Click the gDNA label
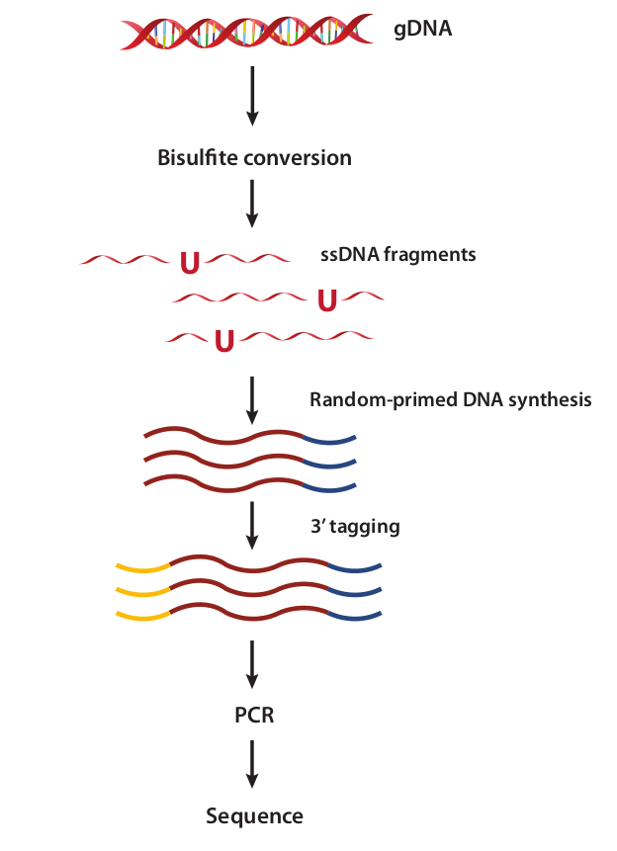click(422, 29)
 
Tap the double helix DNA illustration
click(246, 32)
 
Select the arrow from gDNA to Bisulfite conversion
click(252, 96)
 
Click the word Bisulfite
click(197, 157)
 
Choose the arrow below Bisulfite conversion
click(252, 204)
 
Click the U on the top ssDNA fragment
click(190, 263)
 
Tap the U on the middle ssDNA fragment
click(327, 300)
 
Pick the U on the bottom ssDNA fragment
click(224, 341)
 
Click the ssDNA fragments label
click(398, 254)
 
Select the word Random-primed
click(384, 400)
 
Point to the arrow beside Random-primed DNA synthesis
click(252, 400)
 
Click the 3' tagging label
click(355, 527)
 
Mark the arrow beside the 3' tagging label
click(252, 526)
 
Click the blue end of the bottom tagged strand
click(355, 617)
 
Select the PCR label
click(254, 715)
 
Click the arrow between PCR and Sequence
click(252, 764)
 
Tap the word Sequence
click(254, 816)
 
